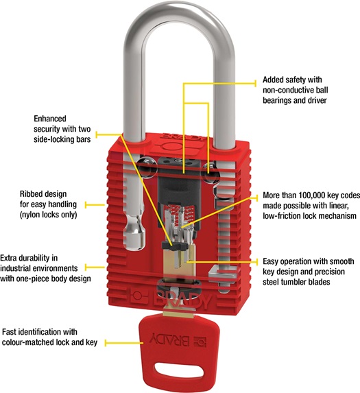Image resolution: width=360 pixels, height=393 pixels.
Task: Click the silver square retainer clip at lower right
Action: pos(224,274)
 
